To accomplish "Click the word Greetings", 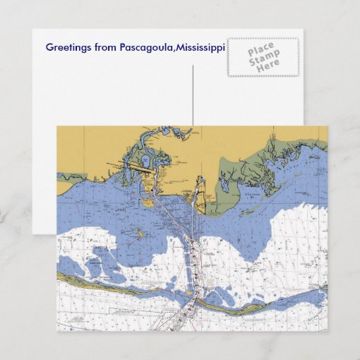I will click(x=68, y=47).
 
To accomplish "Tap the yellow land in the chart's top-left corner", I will click(x=78, y=145).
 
